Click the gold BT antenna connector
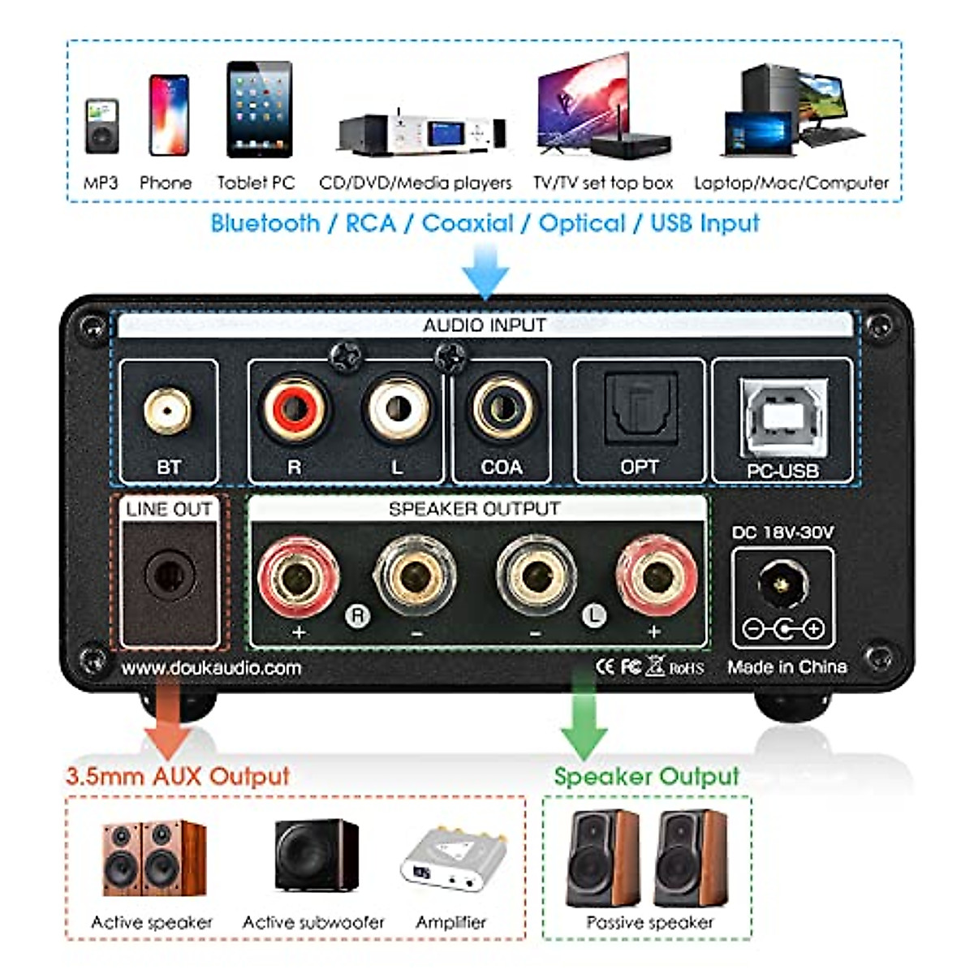point(168,411)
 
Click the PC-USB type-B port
point(782,417)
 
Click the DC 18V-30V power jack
point(782,584)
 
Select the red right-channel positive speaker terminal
point(298,577)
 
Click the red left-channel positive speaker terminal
point(656,577)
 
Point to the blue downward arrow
point(485,272)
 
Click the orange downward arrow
point(167,718)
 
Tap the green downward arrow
point(584,718)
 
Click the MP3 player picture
point(101,126)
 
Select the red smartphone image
point(169,115)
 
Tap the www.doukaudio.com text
point(211,668)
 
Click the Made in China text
point(787,667)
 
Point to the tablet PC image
point(259,110)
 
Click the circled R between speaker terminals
point(357,614)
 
